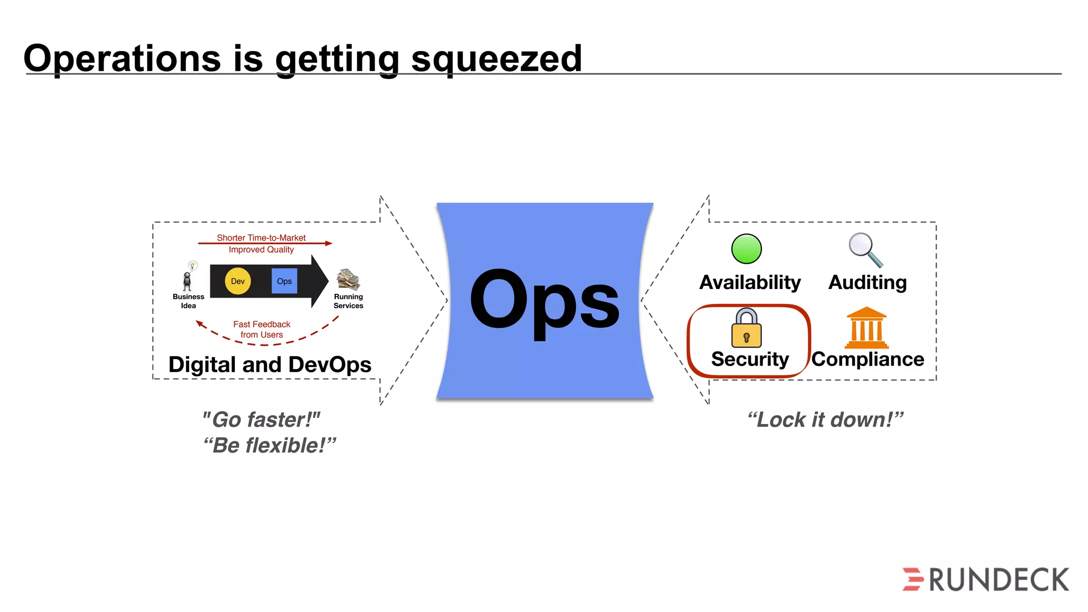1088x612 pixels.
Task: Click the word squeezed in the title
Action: pos(496,59)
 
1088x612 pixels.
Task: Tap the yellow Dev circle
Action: pos(237,281)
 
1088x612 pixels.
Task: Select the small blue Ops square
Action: pos(284,281)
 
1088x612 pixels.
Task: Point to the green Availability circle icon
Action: pos(746,249)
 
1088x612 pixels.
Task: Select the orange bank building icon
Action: pos(866,328)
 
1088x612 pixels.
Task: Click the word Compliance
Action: pos(868,360)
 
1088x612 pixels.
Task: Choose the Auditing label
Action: pos(868,282)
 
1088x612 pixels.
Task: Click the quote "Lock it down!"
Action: pos(825,420)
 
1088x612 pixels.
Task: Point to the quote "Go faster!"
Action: pos(261,420)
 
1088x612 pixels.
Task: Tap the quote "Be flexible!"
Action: pos(269,445)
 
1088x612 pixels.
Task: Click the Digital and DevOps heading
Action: pos(270,365)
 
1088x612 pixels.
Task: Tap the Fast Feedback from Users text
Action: pos(261,329)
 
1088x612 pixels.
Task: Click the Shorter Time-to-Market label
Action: pos(261,237)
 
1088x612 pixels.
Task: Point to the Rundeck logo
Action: pos(985,580)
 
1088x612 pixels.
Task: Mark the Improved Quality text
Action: pos(261,250)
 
